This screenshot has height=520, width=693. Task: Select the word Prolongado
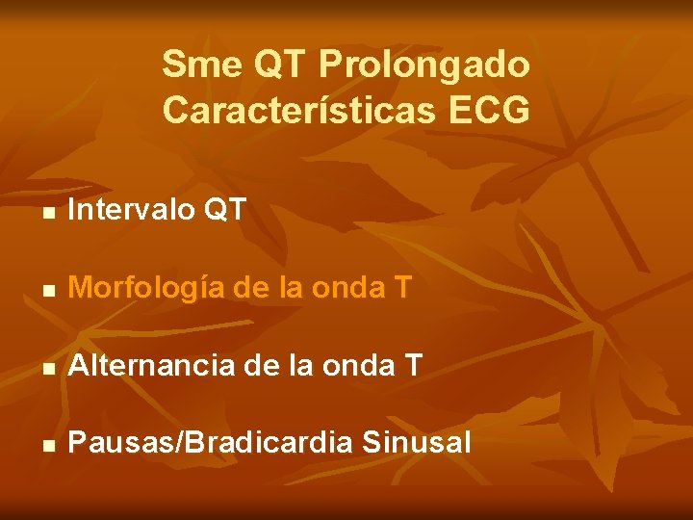423,65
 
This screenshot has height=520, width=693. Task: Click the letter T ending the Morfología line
402,286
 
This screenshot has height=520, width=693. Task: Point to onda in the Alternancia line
366,364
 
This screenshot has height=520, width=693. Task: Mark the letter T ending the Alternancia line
413,364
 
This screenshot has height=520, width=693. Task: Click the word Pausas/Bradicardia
212,443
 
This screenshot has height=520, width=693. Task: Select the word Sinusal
419,443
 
